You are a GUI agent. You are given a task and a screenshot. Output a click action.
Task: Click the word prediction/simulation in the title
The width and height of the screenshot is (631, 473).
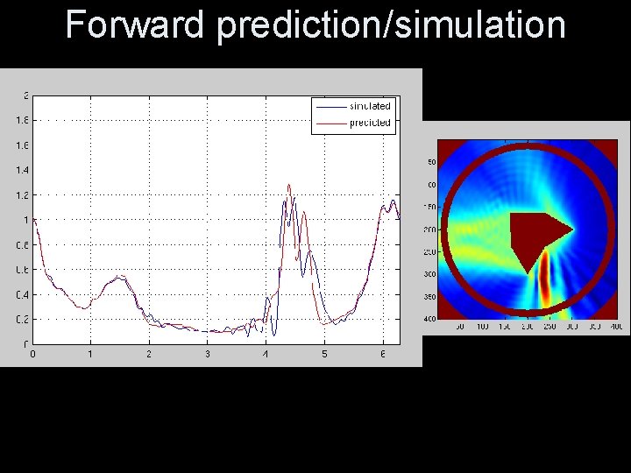click(x=391, y=26)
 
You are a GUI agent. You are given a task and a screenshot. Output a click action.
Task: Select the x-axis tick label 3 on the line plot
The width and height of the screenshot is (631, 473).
click(x=208, y=354)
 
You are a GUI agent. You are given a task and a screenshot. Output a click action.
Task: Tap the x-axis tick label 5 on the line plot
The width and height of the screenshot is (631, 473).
click(x=324, y=354)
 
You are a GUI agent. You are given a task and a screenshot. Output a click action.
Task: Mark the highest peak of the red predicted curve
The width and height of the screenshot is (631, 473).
click(x=289, y=185)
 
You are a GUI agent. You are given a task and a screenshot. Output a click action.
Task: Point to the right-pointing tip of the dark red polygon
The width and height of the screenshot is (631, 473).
click(x=572, y=230)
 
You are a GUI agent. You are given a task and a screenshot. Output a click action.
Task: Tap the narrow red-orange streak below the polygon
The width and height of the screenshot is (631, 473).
click(x=544, y=279)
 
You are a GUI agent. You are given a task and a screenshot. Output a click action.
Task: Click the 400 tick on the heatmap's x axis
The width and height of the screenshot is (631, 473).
click(x=616, y=327)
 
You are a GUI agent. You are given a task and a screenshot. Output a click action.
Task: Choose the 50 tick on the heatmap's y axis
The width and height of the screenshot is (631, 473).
click(x=431, y=162)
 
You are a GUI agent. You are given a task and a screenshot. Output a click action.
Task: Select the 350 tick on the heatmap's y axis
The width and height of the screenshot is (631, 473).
click(x=430, y=296)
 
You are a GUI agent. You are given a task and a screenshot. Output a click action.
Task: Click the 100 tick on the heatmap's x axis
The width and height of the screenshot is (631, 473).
click(x=482, y=327)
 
